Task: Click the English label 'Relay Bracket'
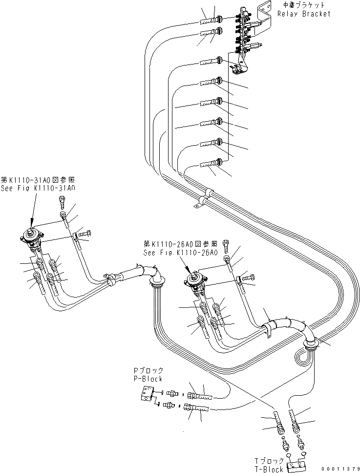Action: tap(303, 14)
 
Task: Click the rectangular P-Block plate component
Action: tap(146, 393)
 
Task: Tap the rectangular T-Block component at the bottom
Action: tap(295, 465)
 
